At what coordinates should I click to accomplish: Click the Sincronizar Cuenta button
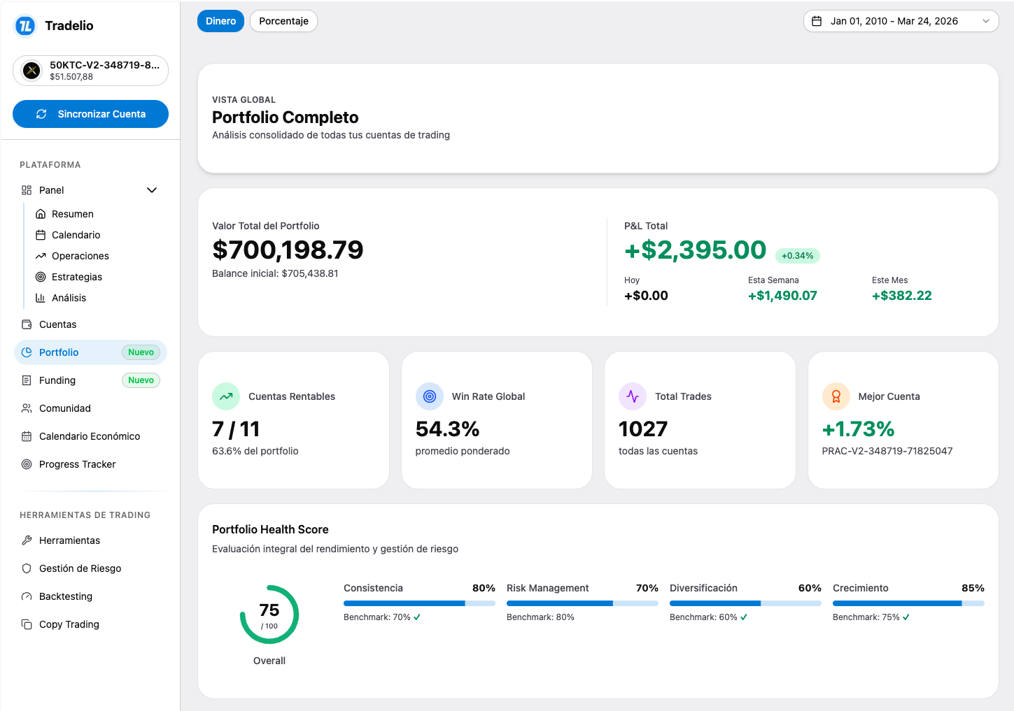coord(90,114)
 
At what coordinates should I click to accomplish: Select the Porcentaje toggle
coord(283,21)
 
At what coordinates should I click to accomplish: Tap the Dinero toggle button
coord(220,21)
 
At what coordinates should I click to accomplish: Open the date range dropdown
coord(900,21)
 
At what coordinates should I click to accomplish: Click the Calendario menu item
coord(76,235)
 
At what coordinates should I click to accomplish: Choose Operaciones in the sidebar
coord(80,256)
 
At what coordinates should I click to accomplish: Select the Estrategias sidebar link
coord(76,277)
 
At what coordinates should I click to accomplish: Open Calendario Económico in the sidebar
coord(89,436)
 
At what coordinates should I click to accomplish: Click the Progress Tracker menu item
coord(77,464)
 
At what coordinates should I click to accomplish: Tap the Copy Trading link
coord(69,624)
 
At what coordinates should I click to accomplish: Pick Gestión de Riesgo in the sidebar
coord(80,568)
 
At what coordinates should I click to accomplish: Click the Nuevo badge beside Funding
coord(141,380)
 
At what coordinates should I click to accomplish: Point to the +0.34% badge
coord(797,256)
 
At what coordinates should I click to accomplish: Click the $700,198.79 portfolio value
coord(288,250)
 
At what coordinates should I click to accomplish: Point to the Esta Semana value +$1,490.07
coord(782,296)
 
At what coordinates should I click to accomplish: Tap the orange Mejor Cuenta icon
coord(836,396)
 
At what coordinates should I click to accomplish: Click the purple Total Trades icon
coord(633,396)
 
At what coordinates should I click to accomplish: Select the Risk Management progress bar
coord(582,603)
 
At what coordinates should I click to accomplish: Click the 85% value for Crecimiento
coord(973,588)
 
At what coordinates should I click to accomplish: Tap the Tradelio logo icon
coord(25,26)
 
